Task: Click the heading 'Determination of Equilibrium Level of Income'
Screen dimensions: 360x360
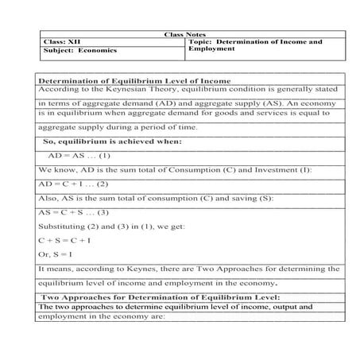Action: pyautogui.click(x=134, y=80)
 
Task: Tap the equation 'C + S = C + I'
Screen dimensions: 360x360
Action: pyautogui.click(x=64, y=239)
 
